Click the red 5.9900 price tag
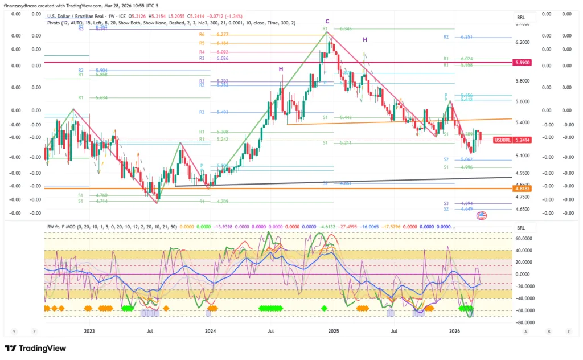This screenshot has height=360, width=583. pos(522,62)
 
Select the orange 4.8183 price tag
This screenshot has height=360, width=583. pos(522,188)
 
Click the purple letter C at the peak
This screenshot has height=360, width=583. pos(327,21)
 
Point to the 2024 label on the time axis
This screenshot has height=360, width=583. pos(211,330)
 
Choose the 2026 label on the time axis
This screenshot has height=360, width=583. pos(454,330)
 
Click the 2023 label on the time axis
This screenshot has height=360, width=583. pos(89,330)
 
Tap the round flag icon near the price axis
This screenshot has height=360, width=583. pos(481,216)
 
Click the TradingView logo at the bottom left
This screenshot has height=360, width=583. pos(35,348)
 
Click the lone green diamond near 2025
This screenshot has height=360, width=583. pos(324,308)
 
